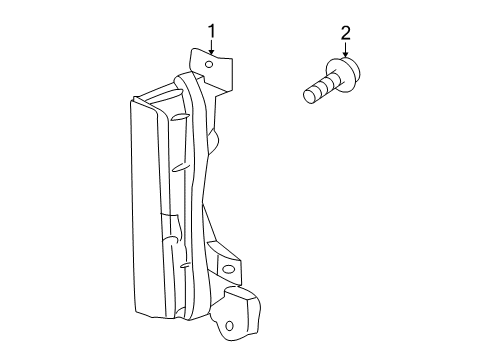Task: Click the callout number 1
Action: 212,32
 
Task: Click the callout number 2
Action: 346,34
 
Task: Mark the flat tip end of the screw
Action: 308,97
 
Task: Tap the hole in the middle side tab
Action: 229,270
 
